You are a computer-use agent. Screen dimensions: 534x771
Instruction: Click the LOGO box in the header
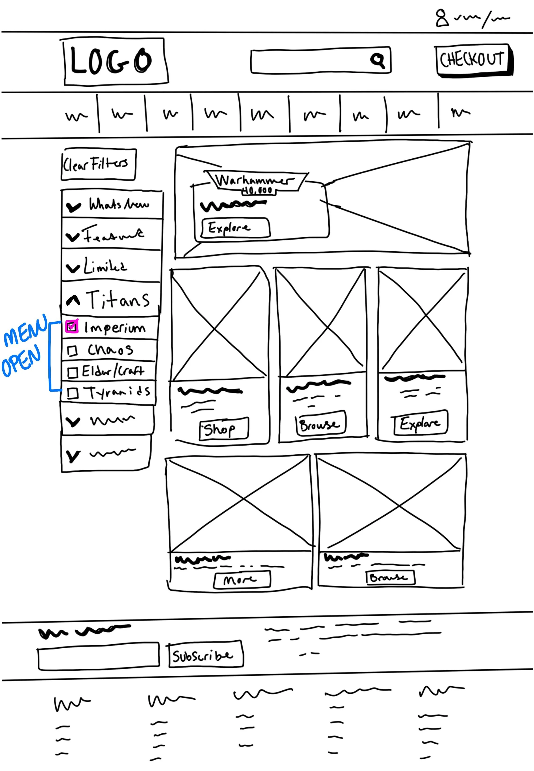point(115,61)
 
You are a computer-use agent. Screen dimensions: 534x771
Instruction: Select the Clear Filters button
point(98,164)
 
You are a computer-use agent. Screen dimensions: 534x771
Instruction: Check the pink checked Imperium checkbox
point(72,326)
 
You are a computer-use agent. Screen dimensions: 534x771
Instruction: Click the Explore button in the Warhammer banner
point(235,228)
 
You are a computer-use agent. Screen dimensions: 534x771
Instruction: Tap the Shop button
point(224,428)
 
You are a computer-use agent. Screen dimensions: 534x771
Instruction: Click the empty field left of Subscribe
point(98,656)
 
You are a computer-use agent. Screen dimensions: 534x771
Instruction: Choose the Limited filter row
point(110,267)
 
